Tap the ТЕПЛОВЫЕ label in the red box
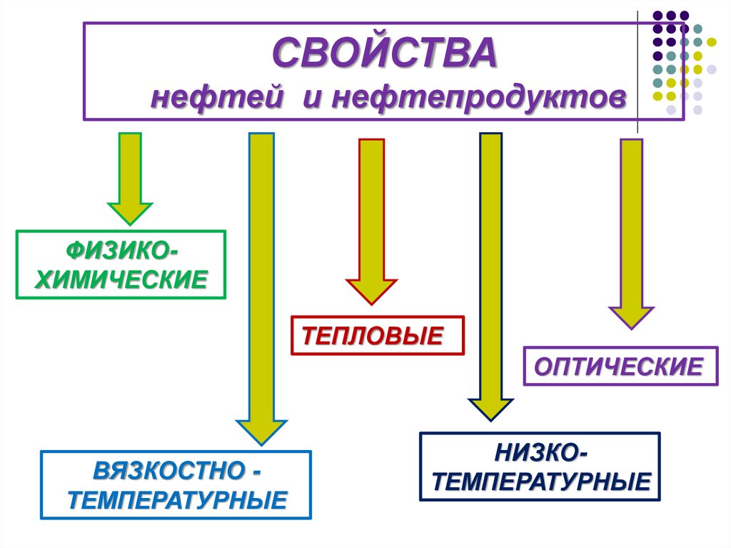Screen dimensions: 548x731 pyautogui.click(x=377, y=334)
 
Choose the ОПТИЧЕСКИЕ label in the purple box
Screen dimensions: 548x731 pyautogui.click(x=619, y=367)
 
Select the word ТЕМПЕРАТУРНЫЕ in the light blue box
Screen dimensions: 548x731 pyautogui.click(x=177, y=499)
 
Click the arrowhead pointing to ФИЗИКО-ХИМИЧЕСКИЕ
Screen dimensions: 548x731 pyautogui.click(x=129, y=212)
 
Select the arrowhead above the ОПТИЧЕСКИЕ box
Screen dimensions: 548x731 pyautogui.click(x=631, y=316)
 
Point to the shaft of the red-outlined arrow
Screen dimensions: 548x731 pyautogui.click(x=371, y=207)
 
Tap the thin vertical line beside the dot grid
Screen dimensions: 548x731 pyautogui.click(x=637, y=71)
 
